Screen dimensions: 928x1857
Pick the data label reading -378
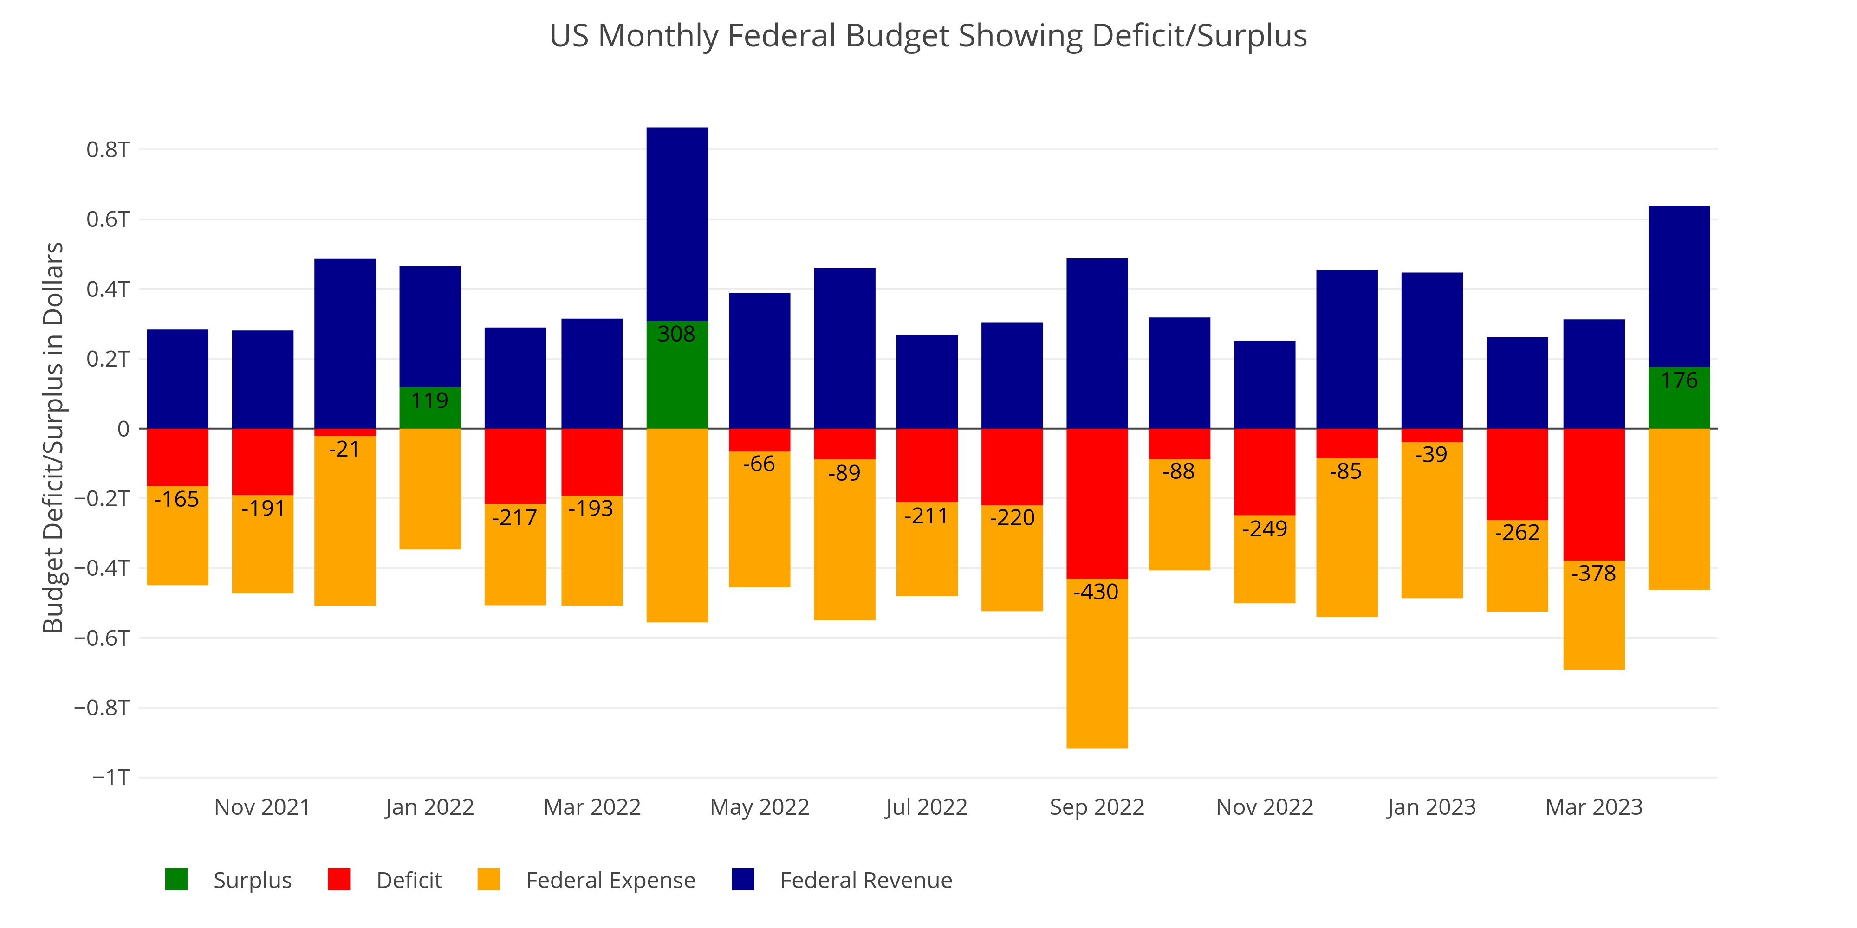point(1594,574)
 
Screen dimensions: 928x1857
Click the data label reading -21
point(344,450)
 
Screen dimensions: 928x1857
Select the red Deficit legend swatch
point(339,880)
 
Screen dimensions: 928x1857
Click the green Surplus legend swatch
point(176,880)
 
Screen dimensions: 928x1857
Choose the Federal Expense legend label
point(610,881)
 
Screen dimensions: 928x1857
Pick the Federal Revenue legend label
point(866,881)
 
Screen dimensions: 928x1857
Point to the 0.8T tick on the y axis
point(108,150)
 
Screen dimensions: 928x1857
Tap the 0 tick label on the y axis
point(123,429)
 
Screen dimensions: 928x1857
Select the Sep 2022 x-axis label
point(1097,807)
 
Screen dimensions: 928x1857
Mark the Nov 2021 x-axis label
point(262,807)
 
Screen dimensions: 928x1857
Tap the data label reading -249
point(1265,529)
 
